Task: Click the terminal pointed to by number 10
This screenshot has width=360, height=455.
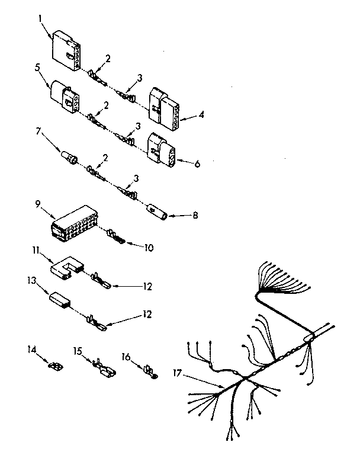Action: coord(116,240)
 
